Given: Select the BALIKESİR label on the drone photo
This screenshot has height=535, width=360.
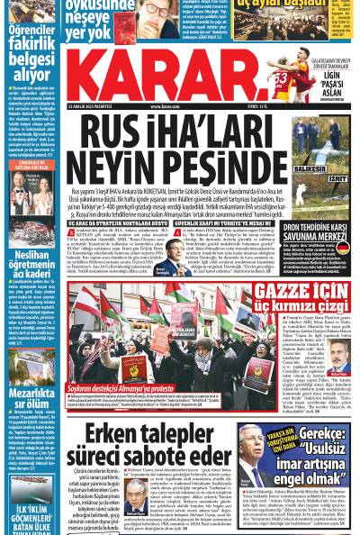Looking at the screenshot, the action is click(310, 168).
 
